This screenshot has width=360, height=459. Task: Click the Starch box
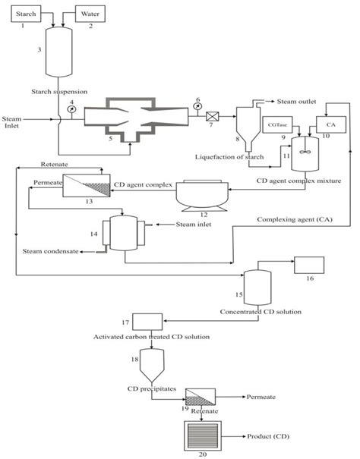[26, 14]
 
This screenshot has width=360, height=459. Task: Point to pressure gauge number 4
[71, 108]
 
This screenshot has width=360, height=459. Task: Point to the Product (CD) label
[267, 437]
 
